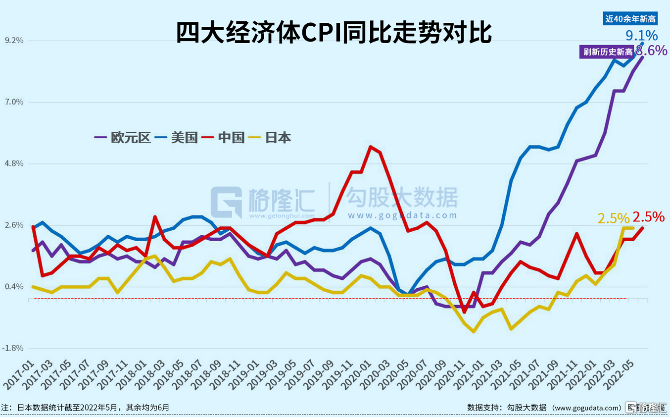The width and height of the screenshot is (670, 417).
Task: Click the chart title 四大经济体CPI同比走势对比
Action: [x=334, y=33]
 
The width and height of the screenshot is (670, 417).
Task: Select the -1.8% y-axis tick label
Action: [x=12, y=348]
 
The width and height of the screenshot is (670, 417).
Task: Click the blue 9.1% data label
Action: [x=642, y=36]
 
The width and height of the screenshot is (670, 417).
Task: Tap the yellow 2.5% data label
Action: [x=613, y=218]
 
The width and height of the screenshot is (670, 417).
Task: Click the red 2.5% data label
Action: [x=648, y=217]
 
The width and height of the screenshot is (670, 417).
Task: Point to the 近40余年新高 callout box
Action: [x=630, y=19]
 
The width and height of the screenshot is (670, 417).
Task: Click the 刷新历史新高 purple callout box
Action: [x=608, y=52]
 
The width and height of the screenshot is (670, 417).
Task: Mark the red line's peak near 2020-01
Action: [x=370, y=147]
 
